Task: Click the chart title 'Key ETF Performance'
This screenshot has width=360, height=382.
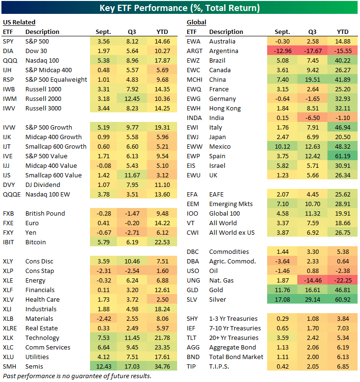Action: click(x=180, y=8)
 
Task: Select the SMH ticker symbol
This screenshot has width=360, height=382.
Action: click(x=10, y=366)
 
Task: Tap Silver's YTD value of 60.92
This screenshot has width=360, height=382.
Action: click(x=344, y=299)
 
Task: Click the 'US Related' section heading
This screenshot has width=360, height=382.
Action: click(x=19, y=22)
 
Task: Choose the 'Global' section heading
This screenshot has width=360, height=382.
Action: click(x=196, y=22)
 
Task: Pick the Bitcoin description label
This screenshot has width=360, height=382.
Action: click(x=35, y=242)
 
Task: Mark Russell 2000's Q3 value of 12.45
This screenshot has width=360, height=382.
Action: click(x=132, y=98)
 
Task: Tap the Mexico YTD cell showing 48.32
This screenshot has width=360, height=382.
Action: click(x=344, y=146)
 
